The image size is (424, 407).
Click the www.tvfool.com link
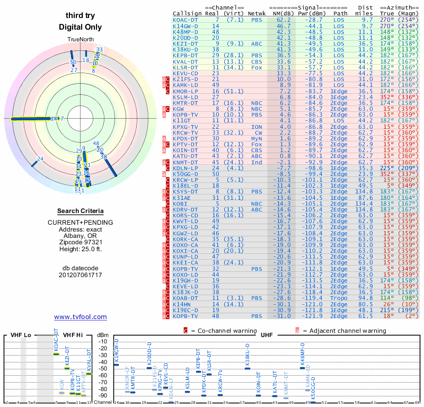(x=81, y=317)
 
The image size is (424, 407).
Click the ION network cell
(x=257, y=127)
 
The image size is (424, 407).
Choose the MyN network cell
(x=257, y=138)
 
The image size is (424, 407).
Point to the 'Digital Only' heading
(x=81, y=26)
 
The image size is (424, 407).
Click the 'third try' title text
(x=81, y=15)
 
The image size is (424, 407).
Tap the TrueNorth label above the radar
(x=81, y=40)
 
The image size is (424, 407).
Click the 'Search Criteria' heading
(x=81, y=210)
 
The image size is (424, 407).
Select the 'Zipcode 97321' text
(x=81, y=240)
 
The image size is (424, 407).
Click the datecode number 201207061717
(x=81, y=275)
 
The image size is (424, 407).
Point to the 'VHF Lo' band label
(x=20, y=335)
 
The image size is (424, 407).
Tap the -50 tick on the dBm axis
(x=103, y=369)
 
